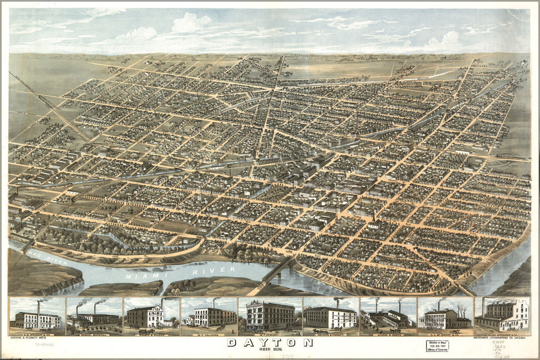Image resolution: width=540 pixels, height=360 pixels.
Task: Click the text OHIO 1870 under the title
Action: click(270, 350)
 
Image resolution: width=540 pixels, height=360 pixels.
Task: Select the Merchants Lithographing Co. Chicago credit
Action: click(501, 339)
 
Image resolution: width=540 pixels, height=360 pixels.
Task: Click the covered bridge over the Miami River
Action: click(277, 270)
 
